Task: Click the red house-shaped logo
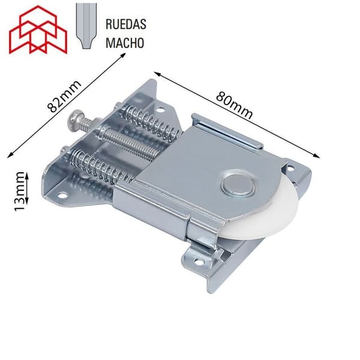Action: point(38,30)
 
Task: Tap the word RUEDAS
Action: point(126,24)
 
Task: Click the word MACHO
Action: point(125,43)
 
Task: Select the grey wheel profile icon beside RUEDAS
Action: point(86,26)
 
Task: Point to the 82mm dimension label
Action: point(64,97)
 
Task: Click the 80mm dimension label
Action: point(234,106)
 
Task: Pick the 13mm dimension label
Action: point(19,191)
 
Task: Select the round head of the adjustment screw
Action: point(76,118)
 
